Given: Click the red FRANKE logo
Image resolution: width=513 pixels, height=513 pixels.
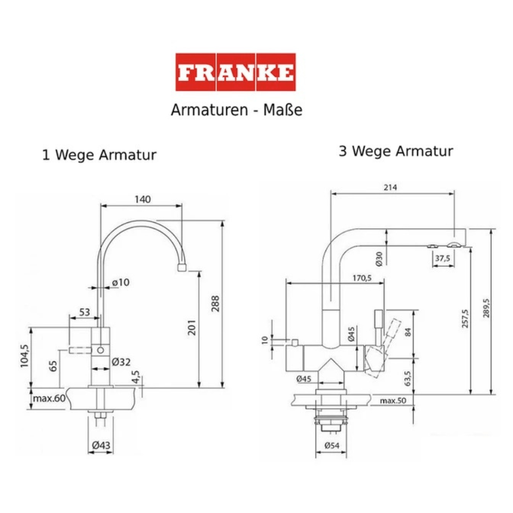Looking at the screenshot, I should pyautogui.click(x=236, y=72).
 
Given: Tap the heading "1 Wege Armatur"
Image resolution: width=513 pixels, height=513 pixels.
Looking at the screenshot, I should pyautogui.click(x=99, y=155).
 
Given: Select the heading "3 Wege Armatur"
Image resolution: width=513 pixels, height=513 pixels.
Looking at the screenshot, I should pyautogui.click(x=396, y=152).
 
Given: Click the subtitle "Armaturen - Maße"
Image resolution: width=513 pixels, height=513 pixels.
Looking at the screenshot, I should pyautogui.click(x=237, y=110).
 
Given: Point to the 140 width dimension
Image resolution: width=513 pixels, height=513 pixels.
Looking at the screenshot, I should pyautogui.click(x=142, y=199).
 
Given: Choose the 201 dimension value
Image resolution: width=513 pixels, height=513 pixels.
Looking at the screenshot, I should pyautogui.click(x=192, y=327).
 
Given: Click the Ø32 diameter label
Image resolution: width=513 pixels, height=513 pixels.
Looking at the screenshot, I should pyautogui.click(x=121, y=362).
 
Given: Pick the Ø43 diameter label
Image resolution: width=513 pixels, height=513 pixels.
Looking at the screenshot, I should pyautogui.click(x=101, y=445).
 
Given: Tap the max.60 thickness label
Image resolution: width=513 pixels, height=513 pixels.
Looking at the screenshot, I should pyautogui.click(x=48, y=398).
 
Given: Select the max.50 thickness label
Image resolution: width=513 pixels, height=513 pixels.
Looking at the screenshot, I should pyautogui.click(x=393, y=401).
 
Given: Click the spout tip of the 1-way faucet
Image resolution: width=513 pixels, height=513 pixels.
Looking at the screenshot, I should pyautogui.click(x=181, y=268).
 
